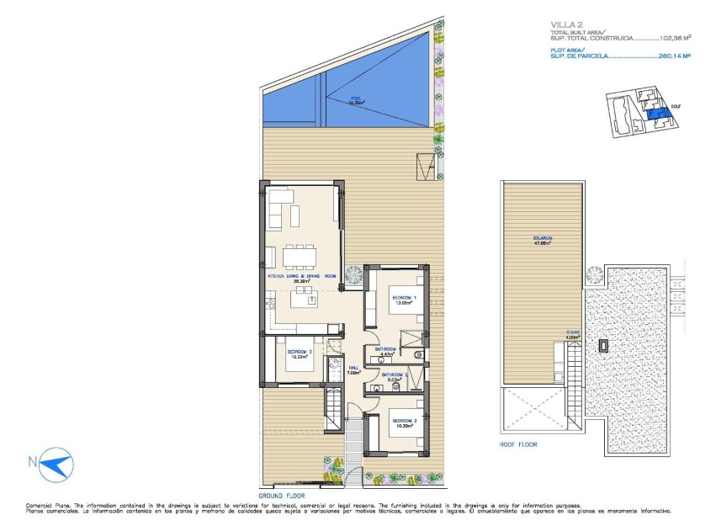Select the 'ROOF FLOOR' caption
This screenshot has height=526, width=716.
pyautogui.click(x=517, y=444)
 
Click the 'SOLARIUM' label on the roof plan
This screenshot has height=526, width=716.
pyautogui.click(x=542, y=239)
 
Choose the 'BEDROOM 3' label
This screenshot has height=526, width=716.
pyautogui.click(x=299, y=352)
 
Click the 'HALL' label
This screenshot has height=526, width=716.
pyautogui.click(x=354, y=367)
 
